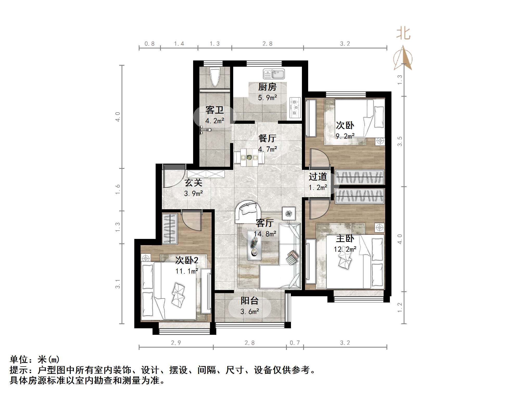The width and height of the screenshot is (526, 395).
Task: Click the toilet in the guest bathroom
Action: coord(215,77)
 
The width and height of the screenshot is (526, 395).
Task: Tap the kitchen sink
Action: coord(274,74)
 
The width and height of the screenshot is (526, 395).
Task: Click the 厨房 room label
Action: coord(267,87)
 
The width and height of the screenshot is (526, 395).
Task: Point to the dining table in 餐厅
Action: coord(249,157)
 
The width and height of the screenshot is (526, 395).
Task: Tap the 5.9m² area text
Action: coord(267,98)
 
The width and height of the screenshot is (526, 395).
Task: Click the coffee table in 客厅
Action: coord(254,245)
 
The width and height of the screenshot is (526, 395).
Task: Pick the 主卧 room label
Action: coord(345,238)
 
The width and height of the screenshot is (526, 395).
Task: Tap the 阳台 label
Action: coord(249,301)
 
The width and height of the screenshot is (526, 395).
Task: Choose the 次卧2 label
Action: coord(187,260)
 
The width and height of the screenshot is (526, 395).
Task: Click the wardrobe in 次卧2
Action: coord(169,229)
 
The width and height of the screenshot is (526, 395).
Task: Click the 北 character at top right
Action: coord(403,34)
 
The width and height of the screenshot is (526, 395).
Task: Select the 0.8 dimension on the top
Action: coord(149,44)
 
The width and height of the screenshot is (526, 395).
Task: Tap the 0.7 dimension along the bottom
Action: coord(295,343)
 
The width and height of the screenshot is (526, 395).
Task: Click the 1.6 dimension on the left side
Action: coord(118,189)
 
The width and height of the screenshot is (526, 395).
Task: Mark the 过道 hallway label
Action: coord(318,177)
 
